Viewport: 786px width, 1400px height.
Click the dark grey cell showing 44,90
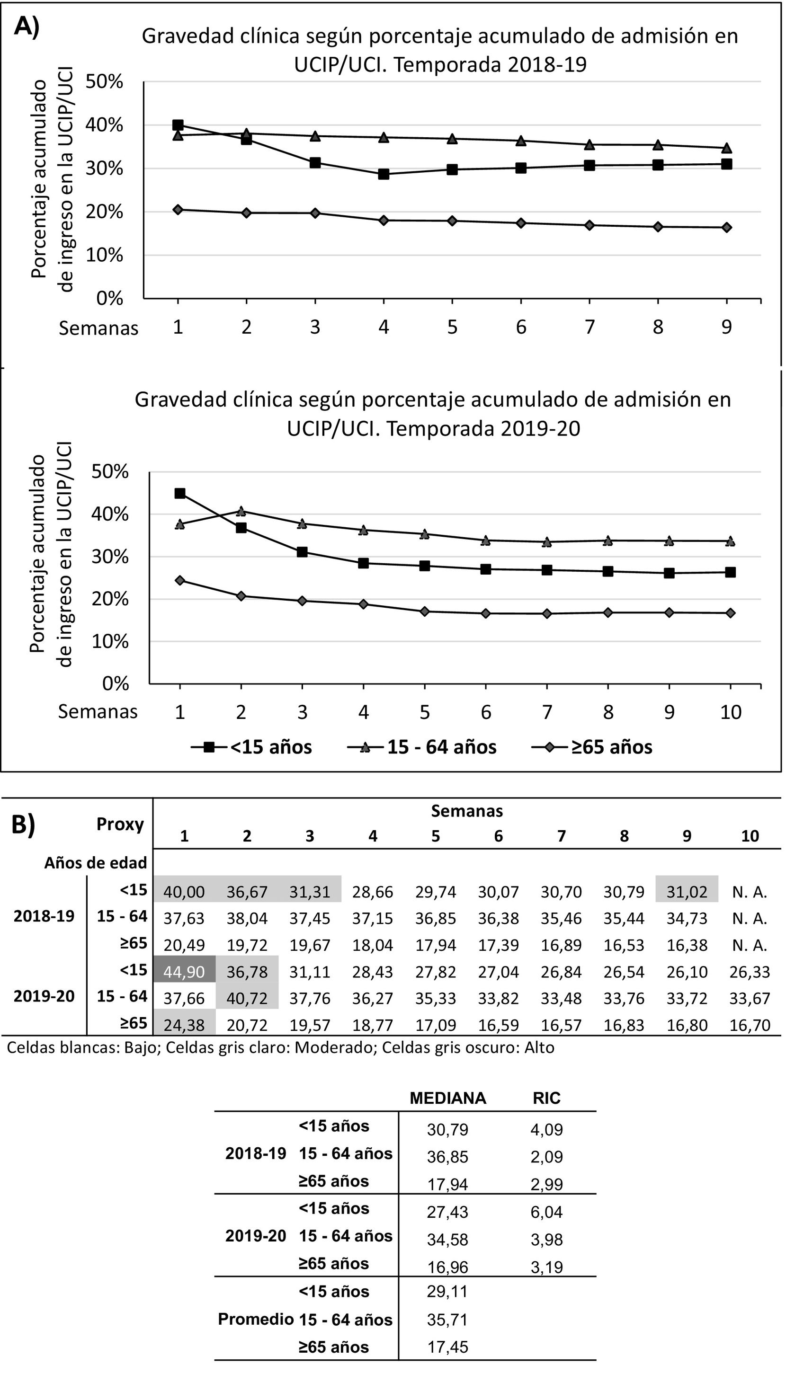pos(184,971)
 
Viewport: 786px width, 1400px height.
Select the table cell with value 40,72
pos(247,998)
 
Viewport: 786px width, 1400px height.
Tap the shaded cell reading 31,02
pos(687,891)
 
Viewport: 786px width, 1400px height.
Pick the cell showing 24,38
pos(184,1025)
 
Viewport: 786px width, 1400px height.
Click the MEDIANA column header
pos(447,1098)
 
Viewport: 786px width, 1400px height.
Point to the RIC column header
pos(546,1098)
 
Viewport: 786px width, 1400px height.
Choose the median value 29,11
pos(447,1291)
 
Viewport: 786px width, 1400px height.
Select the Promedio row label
pos(256,1319)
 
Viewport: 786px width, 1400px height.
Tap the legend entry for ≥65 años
pos(592,747)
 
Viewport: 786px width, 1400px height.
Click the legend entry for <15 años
pos(252,747)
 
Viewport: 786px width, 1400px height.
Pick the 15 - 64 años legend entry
pos(422,747)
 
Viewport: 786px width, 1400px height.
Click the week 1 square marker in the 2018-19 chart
pos(178,125)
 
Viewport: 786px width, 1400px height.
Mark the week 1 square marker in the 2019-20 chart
pos(180,494)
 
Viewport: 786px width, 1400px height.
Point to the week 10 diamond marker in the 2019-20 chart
pos(731,613)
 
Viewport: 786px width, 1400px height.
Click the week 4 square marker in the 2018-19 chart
pos(384,174)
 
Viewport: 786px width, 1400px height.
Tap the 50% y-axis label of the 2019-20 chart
pos(111,471)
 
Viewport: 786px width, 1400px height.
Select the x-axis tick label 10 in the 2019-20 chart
pos(731,712)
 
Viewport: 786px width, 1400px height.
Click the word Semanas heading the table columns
pos(466,811)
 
